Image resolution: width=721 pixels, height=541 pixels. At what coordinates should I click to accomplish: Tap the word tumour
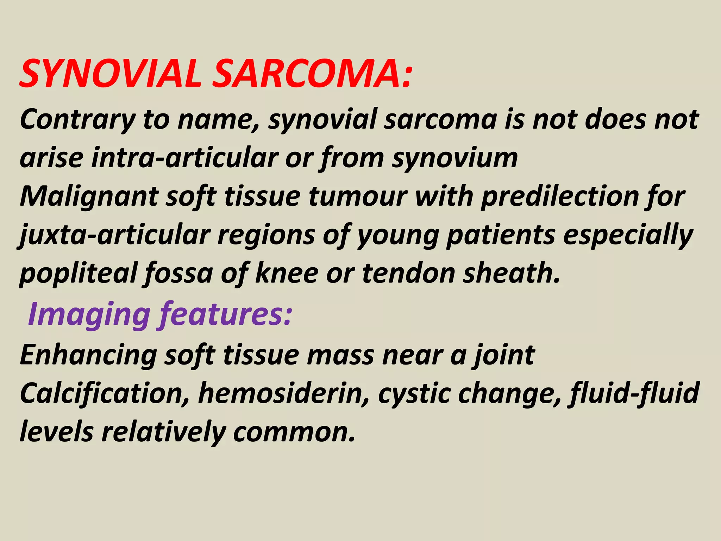[x=358, y=197]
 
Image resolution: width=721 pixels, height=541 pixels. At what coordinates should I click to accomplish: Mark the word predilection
[x=560, y=197]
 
